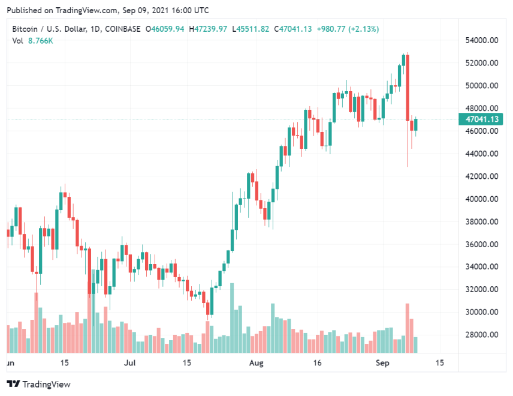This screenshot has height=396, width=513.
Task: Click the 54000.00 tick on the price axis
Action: [482, 40]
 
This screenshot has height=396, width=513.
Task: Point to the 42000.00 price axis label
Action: [482, 176]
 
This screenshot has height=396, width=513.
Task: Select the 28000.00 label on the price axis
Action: [482, 335]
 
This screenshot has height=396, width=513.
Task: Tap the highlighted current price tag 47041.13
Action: [482, 119]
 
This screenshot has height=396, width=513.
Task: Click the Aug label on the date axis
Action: [256, 363]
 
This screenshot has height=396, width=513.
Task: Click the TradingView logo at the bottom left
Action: [38, 384]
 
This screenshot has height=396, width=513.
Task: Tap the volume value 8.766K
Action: [41, 40]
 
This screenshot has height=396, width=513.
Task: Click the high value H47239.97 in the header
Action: [208, 29]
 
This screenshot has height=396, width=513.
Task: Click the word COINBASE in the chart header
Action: [122, 29]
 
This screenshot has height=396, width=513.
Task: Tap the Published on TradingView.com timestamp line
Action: [99, 10]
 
